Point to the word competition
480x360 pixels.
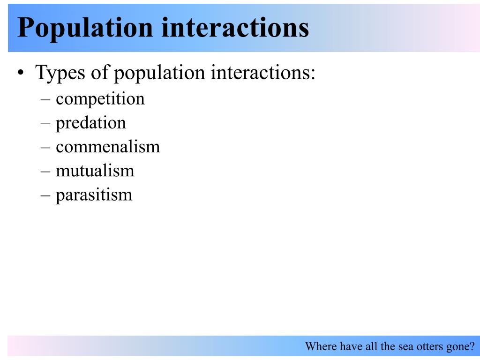point(100,99)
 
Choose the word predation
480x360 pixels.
point(91,123)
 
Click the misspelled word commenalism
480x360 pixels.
point(108,147)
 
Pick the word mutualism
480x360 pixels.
point(95,170)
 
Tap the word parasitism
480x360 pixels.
point(94,194)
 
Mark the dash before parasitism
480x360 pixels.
point(45,195)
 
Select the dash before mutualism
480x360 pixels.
point(45,171)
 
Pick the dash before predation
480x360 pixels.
point(45,123)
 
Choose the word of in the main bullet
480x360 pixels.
point(101,74)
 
